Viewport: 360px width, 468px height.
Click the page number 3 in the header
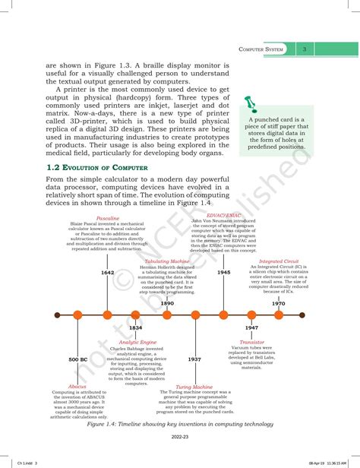tap(304, 50)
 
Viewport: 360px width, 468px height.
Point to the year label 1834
tap(135, 327)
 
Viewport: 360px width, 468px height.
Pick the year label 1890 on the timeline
tap(167, 303)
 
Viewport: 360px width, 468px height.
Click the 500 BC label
tap(78, 359)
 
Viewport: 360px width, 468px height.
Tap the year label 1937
tap(194, 359)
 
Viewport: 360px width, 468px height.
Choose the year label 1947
tap(251, 327)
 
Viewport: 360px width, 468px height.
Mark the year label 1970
tap(279, 303)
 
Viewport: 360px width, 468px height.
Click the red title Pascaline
tap(109, 217)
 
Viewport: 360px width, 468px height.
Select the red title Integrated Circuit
tap(279, 261)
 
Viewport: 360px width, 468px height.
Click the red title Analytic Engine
tap(137, 342)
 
